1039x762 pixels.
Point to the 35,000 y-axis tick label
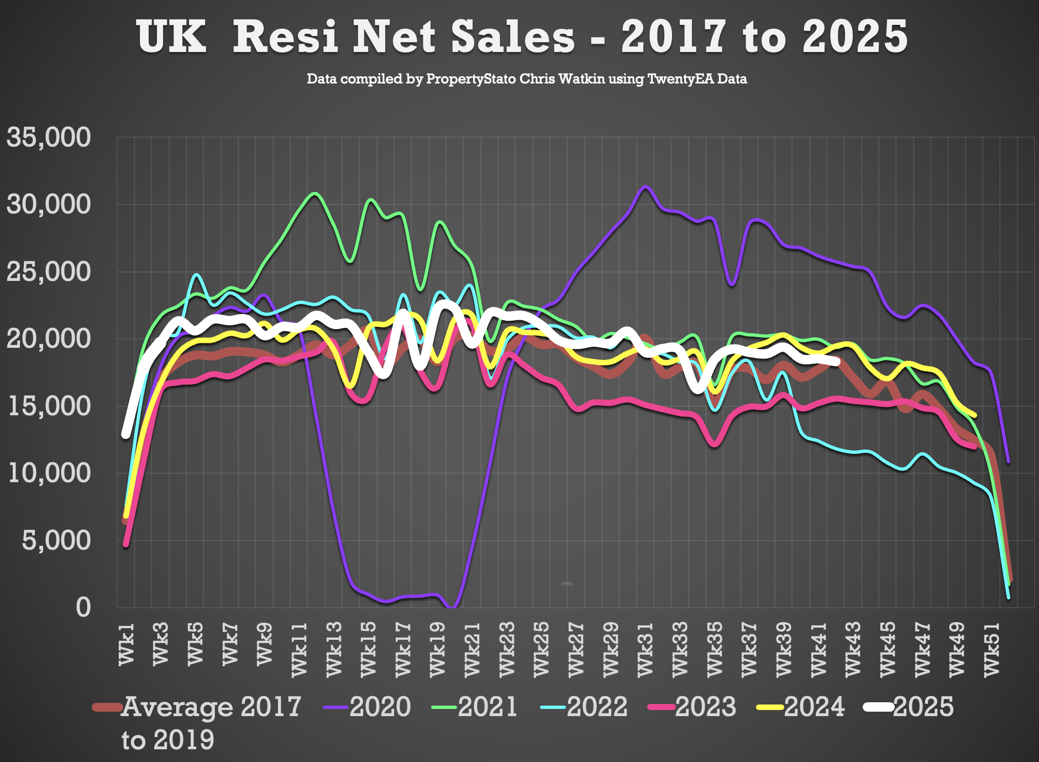click(x=49, y=137)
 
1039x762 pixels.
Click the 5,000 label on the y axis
click(x=56, y=540)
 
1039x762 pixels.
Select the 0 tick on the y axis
click(x=83, y=607)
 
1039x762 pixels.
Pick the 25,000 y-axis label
click(x=49, y=272)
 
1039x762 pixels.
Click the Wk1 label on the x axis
click(x=127, y=644)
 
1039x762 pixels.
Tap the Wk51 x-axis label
click(x=992, y=648)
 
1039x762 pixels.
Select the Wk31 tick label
click(x=646, y=648)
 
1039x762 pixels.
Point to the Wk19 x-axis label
click(x=438, y=648)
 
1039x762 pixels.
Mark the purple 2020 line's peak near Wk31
click(x=645, y=187)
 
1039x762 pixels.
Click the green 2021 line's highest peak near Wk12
click(x=315, y=194)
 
